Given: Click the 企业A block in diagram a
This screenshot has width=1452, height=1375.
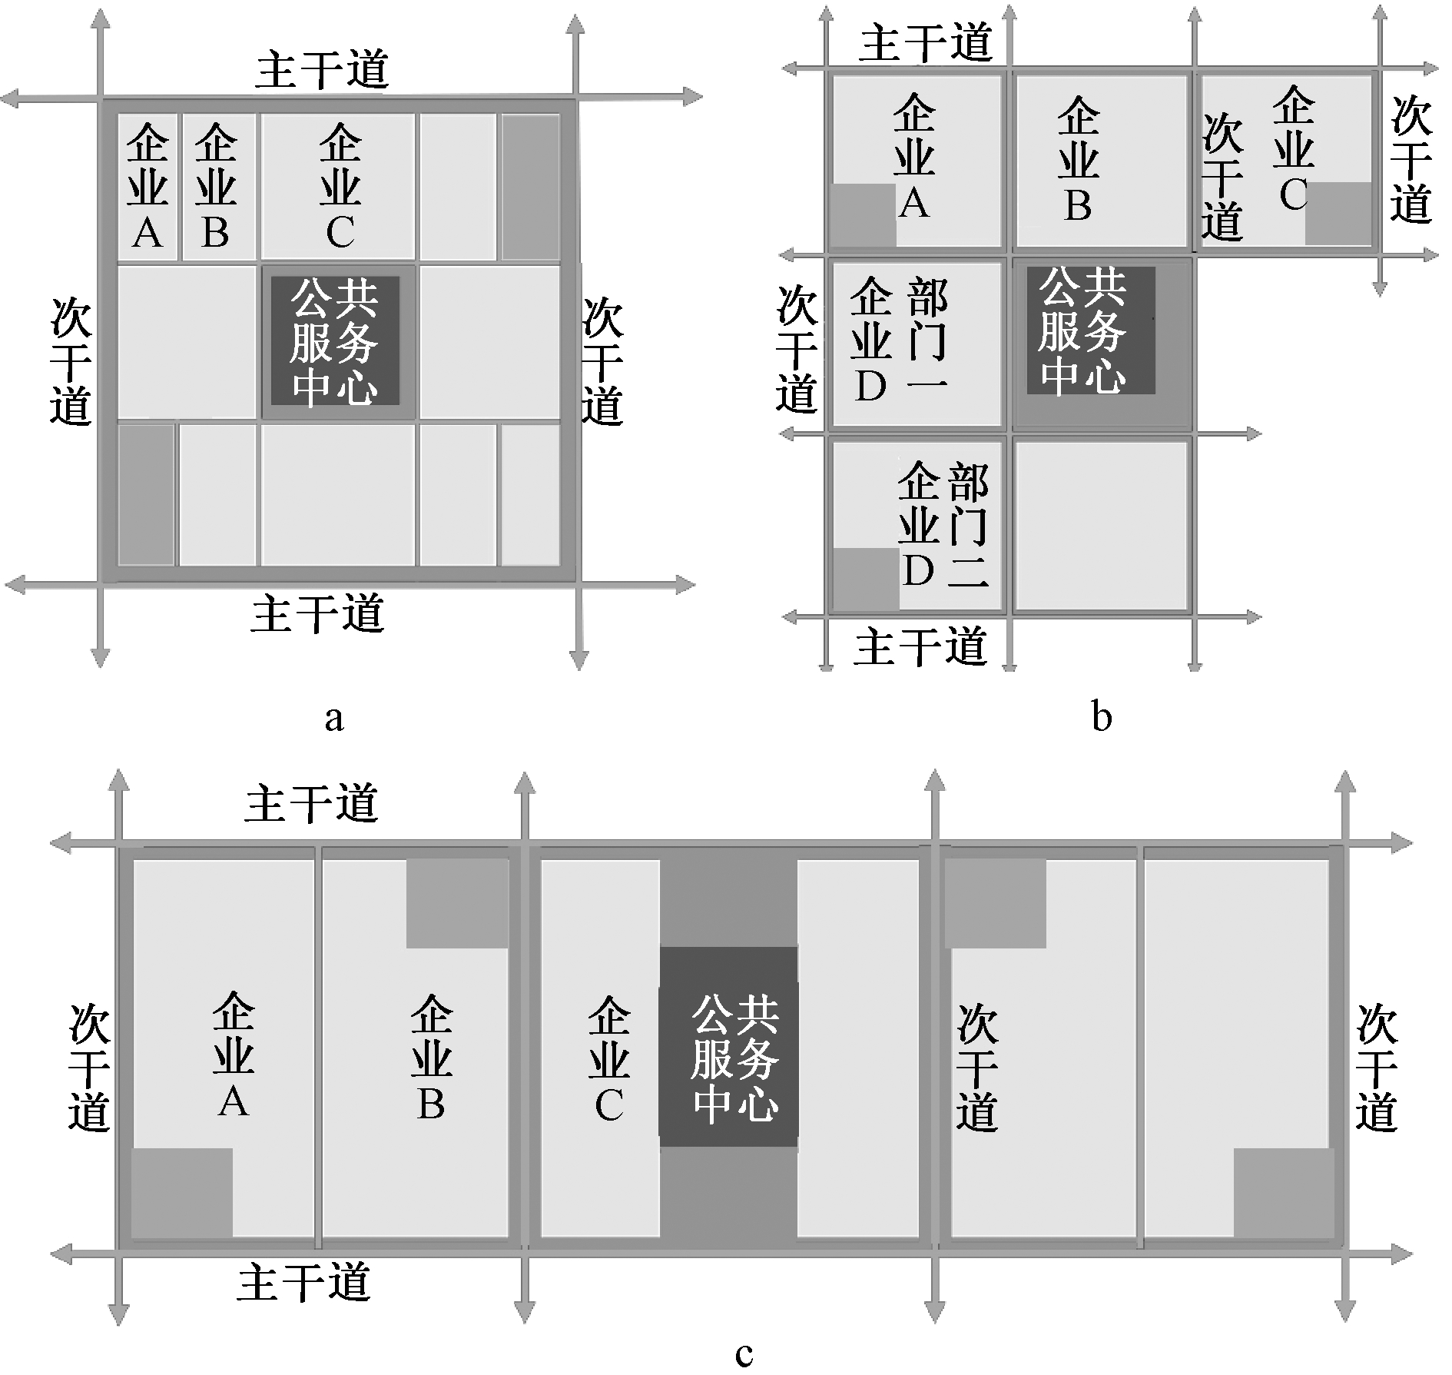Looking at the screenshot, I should click(148, 187).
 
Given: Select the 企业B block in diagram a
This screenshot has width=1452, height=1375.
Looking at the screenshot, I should click(216, 187).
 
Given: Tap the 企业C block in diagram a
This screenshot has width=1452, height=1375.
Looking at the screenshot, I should click(339, 187).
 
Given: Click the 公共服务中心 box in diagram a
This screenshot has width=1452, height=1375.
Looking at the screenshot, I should click(335, 340).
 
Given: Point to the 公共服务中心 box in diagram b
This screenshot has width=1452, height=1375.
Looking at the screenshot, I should click(1083, 331).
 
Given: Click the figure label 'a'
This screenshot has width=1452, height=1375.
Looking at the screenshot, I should click(333, 718).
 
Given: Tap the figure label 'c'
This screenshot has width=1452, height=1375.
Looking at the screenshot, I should click(743, 1352).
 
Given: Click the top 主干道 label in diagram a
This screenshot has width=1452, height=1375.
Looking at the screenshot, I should click(323, 70).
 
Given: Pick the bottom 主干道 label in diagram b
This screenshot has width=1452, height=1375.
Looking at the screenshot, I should click(920, 646).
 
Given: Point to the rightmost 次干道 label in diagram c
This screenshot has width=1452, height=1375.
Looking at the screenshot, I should click(1376, 1066).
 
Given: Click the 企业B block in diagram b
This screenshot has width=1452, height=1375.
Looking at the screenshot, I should click(1079, 160).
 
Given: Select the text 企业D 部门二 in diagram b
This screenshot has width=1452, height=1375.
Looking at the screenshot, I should click(943, 524).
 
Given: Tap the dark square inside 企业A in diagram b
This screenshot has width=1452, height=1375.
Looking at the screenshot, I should click(863, 214).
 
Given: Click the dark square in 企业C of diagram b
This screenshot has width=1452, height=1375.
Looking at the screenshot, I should click(1338, 213).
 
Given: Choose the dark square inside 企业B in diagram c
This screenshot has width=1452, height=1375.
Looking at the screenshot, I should click(456, 903).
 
